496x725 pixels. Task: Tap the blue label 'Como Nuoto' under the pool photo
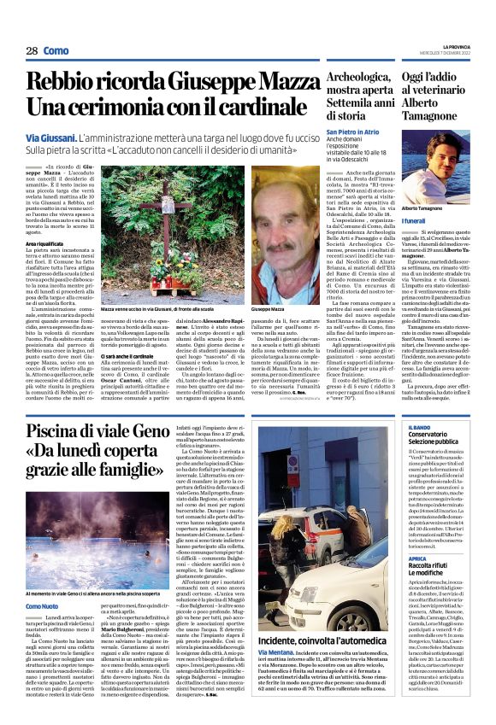coord(42,582)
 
